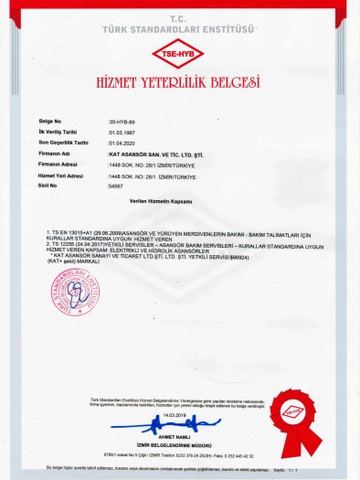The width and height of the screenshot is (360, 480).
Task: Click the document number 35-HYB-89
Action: point(122,121)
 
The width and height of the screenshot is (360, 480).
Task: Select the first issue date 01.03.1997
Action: point(122,132)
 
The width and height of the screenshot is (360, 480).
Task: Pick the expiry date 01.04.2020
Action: point(122,143)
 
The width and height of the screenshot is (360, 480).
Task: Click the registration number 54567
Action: point(115,186)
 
